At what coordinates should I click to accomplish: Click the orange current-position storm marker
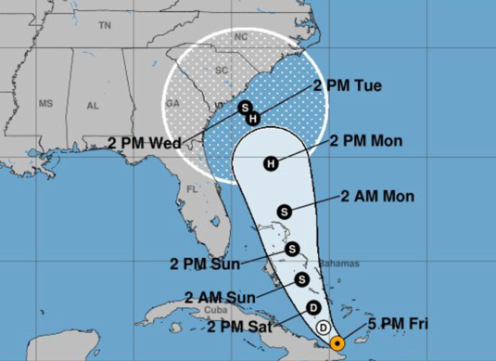pyautogui.click(x=338, y=342)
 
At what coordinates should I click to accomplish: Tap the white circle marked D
pyautogui.click(x=323, y=328)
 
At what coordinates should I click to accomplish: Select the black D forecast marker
pyautogui.click(x=313, y=308)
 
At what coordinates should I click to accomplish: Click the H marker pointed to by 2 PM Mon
pyautogui.click(x=271, y=164)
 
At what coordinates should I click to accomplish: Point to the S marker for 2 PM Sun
pyautogui.click(x=292, y=249)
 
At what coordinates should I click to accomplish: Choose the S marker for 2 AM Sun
pyautogui.click(x=301, y=278)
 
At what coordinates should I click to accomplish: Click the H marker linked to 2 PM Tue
pyautogui.click(x=253, y=114)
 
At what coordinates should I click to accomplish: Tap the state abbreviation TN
pyautogui.click(x=104, y=27)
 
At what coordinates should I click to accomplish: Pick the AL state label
pyautogui.click(x=93, y=105)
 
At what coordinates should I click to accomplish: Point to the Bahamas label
pyautogui.click(x=336, y=264)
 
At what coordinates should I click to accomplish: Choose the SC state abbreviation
pyautogui.click(x=221, y=70)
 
